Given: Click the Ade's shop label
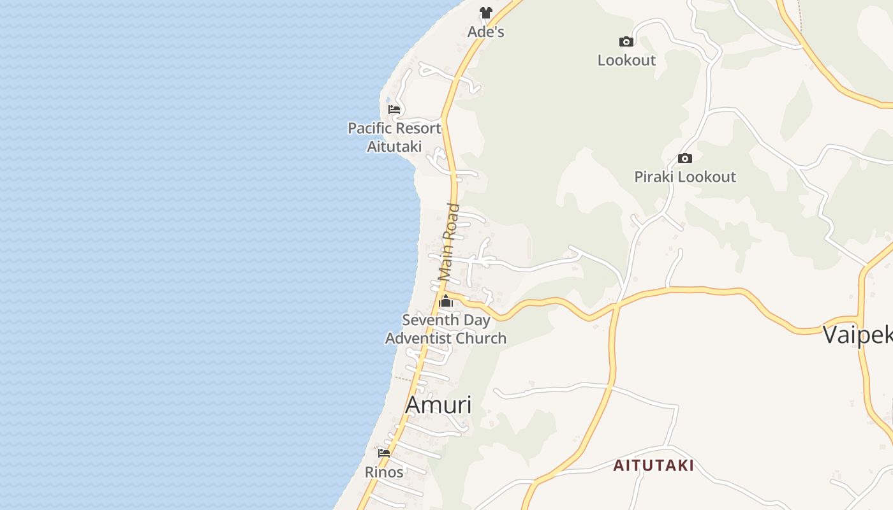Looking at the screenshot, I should pos(486,32).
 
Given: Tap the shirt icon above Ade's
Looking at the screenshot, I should pos(486,12).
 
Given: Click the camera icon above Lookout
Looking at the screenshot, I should pos(626,42).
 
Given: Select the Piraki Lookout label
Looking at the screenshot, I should pos(685,177).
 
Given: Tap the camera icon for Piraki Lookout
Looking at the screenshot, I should pos(685,158).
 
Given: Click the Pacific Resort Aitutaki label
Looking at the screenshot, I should pos(394,137).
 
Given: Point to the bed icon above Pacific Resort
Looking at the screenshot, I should pos(394,109).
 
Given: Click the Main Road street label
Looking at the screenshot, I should pos(450,242).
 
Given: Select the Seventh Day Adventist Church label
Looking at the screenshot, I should pos(446,329).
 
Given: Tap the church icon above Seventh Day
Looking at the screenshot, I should pos(446,302).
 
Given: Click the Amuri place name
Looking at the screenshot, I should pos(439,405).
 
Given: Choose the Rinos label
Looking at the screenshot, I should pos(384,472).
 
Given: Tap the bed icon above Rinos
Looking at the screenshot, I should pos(384,453).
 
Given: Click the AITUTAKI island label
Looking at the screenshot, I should pos(653,465).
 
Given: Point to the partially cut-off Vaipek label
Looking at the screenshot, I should pos(857,335).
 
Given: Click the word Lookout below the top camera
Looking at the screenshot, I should pos(626,60).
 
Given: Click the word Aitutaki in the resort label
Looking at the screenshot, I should pos(394,147).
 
